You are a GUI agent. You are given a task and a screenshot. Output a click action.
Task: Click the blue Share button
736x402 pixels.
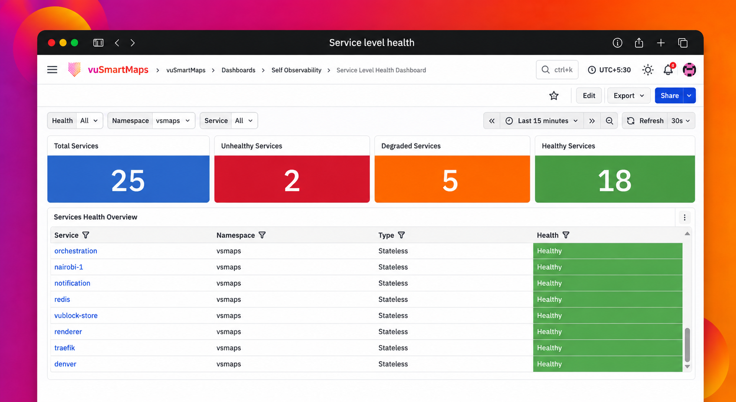(669, 95)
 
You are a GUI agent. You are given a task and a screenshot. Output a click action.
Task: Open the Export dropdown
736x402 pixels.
(628, 95)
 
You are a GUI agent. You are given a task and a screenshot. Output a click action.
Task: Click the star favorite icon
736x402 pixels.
(554, 95)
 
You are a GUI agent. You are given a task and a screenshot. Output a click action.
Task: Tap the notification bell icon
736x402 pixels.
(668, 70)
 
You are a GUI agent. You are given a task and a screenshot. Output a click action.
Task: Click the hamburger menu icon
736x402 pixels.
(52, 70)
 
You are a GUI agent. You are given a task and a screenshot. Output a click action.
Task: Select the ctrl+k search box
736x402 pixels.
(557, 70)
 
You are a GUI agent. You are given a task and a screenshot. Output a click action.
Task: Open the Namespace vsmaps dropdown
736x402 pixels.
(173, 121)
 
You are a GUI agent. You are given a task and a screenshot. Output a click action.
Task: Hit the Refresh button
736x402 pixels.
(645, 121)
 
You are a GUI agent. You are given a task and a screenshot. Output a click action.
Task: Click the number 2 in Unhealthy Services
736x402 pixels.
(292, 180)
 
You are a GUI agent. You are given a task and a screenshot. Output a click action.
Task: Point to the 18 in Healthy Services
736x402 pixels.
(615, 180)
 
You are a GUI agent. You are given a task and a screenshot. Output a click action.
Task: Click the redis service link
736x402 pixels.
(62, 299)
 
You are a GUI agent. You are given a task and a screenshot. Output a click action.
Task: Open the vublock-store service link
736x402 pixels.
(76, 315)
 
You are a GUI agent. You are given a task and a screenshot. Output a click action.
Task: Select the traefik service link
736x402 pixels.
(64, 348)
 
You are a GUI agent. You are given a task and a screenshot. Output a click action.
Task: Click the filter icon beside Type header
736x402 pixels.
(401, 235)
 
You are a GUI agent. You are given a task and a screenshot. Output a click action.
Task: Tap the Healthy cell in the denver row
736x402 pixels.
(608, 364)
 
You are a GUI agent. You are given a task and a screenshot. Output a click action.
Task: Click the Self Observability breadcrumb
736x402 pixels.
(296, 70)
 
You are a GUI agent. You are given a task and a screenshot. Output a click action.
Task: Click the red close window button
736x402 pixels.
(52, 42)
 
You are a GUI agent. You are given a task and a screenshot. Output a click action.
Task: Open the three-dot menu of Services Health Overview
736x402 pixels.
(684, 217)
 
